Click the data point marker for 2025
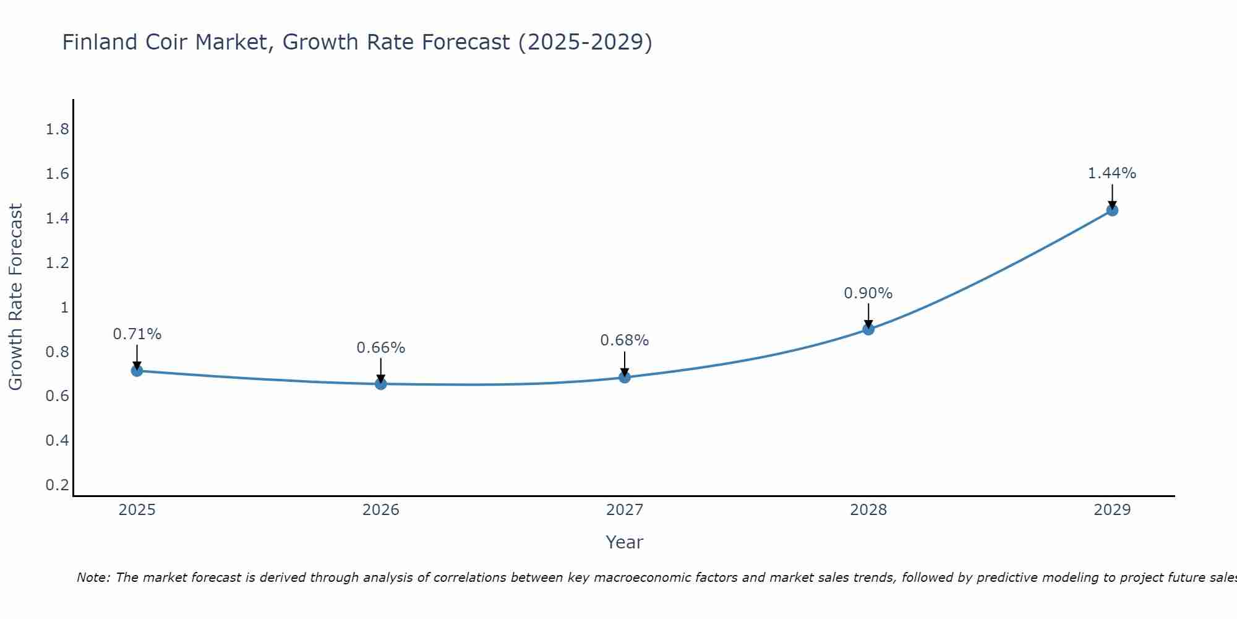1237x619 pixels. click(137, 371)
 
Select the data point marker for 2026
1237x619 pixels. click(380, 384)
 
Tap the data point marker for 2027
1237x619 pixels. click(625, 377)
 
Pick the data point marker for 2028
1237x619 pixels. click(868, 329)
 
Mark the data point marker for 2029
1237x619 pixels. click(1112, 210)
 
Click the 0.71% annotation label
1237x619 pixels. click(137, 334)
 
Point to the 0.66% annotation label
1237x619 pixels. click(380, 348)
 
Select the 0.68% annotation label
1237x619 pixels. click(625, 340)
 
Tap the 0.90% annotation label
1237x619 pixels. click(868, 293)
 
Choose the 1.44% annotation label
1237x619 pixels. click(1112, 173)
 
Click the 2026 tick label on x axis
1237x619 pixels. click(380, 510)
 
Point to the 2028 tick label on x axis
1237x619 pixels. click(868, 510)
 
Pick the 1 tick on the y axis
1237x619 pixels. click(64, 308)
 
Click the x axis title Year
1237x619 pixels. click(625, 542)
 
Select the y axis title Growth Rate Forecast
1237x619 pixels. click(15, 297)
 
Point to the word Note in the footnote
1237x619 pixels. click(93, 578)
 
